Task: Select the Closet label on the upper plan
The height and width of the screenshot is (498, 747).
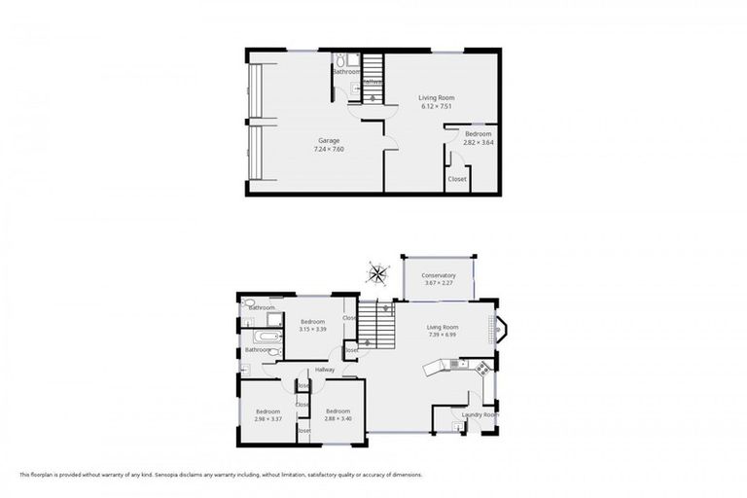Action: (x=456, y=179)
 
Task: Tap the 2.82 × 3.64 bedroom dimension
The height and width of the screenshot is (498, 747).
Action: (x=478, y=142)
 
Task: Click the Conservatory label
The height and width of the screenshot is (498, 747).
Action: (x=438, y=275)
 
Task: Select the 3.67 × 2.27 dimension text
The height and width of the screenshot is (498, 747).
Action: (x=438, y=283)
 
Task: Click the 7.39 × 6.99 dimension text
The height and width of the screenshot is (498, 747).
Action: (x=442, y=336)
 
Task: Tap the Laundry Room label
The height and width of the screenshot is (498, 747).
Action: (x=479, y=415)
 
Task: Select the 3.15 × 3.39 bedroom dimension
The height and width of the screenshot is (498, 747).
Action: (x=312, y=330)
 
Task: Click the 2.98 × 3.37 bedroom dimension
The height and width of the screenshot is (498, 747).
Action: (x=268, y=419)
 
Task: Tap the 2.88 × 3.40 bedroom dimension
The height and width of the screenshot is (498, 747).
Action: (x=338, y=419)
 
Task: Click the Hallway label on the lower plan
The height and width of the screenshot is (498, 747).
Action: (x=324, y=370)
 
